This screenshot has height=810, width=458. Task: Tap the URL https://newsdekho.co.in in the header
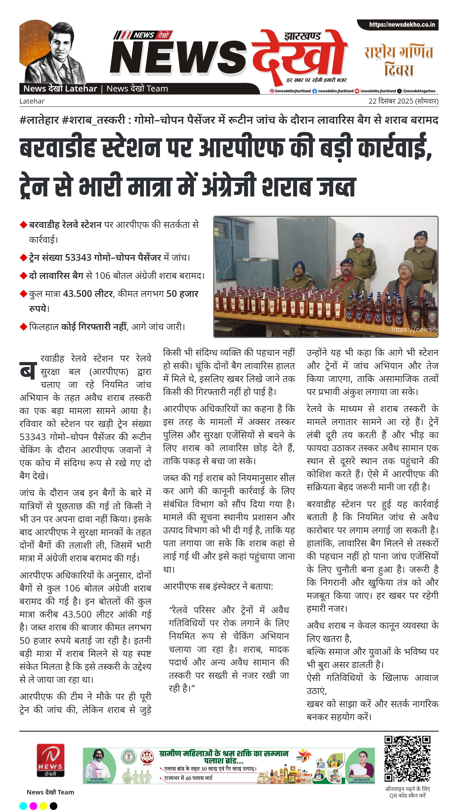(x=402, y=24)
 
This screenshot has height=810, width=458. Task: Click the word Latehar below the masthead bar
(x=32, y=101)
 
